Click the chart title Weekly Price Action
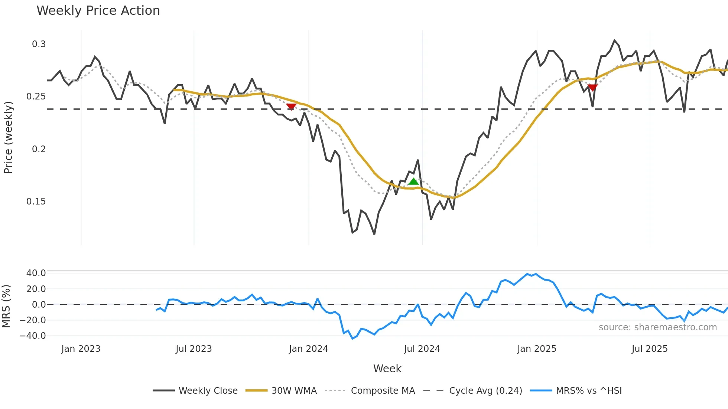click(x=98, y=11)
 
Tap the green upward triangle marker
click(x=413, y=181)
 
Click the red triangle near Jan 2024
click(x=291, y=107)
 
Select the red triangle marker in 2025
click(x=592, y=88)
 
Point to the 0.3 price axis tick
click(x=39, y=44)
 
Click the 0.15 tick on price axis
click(x=36, y=202)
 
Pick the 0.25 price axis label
click(x=36, y=96)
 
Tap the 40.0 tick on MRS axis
click(x=36, y=273)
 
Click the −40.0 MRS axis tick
click(x=33, y=336)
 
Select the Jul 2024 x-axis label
click(x=422, y=349)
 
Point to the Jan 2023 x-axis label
click(x=81, y=349)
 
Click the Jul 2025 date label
click(x=650, y=349)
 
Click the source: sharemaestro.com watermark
click(x=657, y=327)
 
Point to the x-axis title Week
click(x=387, y=369)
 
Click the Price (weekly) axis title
click(x=8, y=137)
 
